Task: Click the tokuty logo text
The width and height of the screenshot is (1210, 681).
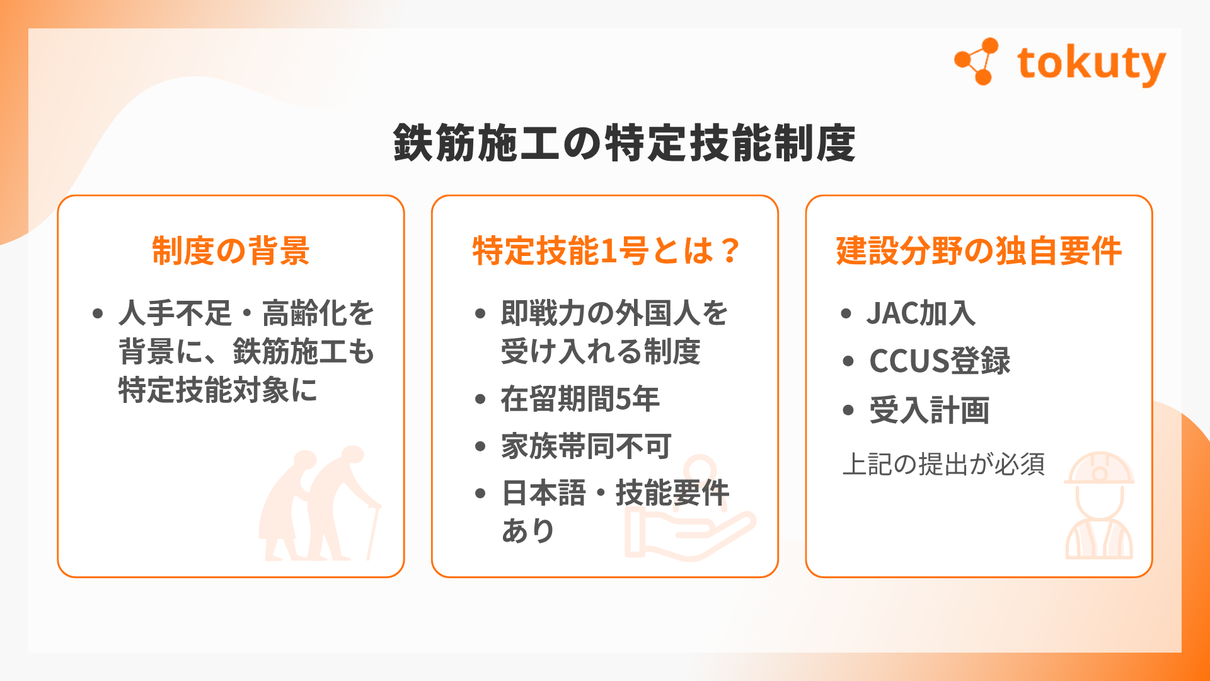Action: point(1091,64)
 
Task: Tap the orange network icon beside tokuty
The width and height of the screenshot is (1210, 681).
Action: point(977,61)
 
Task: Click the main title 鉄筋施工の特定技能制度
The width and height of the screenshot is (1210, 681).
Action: point(624,143)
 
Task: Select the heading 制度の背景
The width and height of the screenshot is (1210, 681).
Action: point(231,250)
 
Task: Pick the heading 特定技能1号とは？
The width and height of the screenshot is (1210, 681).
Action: point(606,250)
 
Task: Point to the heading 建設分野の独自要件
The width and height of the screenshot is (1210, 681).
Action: point(979,250)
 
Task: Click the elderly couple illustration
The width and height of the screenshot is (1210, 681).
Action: point(320,503)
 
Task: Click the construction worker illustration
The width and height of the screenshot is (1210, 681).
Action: point(1099,505)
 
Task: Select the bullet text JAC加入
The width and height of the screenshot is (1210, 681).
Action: point(921,313)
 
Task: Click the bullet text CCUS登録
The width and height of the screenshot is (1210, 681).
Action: point(940,361)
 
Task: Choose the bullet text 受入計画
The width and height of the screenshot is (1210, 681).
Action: point(929,410)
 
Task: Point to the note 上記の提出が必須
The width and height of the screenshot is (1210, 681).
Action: point(944,464)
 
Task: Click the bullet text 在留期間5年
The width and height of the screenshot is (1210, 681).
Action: point(580,399)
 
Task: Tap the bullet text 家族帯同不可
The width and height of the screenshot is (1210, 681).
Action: point(586,446)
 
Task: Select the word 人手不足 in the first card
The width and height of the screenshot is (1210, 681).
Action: point(175,313)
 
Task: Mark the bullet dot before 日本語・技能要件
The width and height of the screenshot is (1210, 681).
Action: point(481,493)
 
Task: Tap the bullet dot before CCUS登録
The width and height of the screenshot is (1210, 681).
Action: point(848,361)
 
